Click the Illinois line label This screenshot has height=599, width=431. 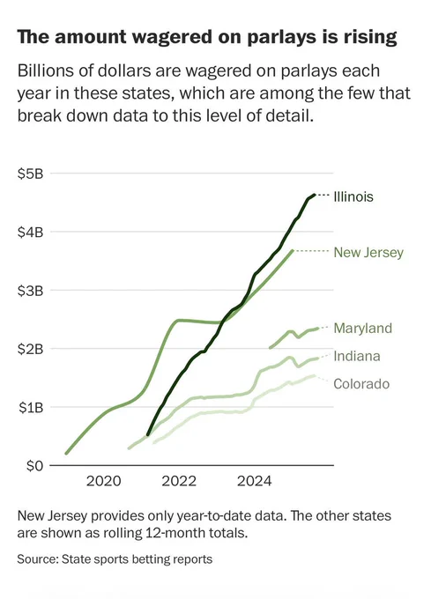[353, 196]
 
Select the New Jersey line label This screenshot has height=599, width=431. [368, 253]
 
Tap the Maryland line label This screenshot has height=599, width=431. [362, 329]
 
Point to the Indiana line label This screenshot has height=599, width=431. [357, 357]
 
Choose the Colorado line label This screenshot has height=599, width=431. [361, 384]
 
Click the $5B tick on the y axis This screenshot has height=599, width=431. [30, 174]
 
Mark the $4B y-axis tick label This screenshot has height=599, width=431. [30, 233]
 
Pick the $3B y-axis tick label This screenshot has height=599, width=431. [30, 291]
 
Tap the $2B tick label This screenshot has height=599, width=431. [30, 349]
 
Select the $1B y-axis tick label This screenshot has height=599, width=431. [31, 408]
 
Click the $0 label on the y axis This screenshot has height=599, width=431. [34, 467]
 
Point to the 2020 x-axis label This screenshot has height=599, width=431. [103, 481]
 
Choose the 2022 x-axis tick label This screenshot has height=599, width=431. [179, 481]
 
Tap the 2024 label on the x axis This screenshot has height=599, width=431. [254, 481]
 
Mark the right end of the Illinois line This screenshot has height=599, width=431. [315, 196]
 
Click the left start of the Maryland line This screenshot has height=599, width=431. [271, 348]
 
